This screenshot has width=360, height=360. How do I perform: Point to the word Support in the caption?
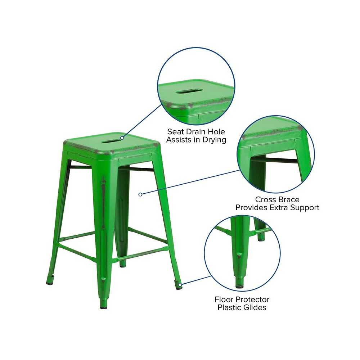[305, 208]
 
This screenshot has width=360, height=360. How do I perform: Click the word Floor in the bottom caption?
[224, 300]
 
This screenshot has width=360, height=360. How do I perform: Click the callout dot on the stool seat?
[122, 138]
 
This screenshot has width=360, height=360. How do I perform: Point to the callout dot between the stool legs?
[140, 194]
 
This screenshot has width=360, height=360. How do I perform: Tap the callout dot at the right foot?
[180, 285]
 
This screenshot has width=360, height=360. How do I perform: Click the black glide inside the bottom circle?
[239, 287]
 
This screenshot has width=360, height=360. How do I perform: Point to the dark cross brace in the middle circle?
[281, 160]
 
